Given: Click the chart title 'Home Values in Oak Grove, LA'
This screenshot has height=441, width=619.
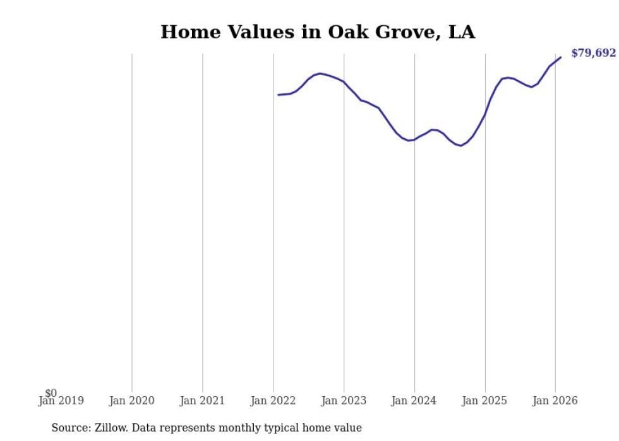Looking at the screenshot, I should pos(317,32).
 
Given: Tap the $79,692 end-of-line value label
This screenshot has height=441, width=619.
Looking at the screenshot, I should pos(593,53).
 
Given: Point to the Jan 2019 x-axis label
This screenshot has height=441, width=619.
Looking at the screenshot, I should pos(61,401).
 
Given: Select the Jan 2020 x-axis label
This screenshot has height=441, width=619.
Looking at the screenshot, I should pos(131,401).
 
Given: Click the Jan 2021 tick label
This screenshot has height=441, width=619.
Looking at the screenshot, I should pos(202,401).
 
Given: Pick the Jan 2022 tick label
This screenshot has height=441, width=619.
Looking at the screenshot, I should pos(273,401).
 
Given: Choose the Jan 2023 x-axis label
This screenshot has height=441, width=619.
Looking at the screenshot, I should pos(344,401).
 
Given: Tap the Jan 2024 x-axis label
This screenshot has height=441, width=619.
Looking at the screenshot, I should pos(414,401).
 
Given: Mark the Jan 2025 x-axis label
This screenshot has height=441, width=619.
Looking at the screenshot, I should pos(484,401).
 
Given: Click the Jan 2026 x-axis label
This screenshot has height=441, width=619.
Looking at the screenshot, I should pos(555,401).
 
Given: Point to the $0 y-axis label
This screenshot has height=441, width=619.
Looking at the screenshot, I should pos(51,394).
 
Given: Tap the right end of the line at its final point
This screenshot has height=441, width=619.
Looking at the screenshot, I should pos(560,57).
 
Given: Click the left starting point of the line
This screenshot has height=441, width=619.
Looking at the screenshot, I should pos(278,95).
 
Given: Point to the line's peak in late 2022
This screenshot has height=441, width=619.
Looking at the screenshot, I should pos(320,74).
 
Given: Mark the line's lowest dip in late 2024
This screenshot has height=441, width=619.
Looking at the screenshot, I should pos(461,146).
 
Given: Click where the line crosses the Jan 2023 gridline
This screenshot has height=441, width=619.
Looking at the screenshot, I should pos(344,82).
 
